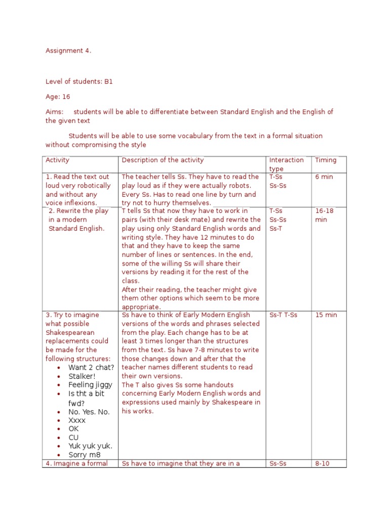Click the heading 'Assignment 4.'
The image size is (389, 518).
click(68, 51)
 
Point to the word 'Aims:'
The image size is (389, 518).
click(55, 112)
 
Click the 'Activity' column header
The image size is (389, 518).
click(57, 160)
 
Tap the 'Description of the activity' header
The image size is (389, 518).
click(163, 160)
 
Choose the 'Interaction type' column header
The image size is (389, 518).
click(286, 164)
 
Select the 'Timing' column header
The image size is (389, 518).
click(325, 160)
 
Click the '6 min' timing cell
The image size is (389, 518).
click(324, 177)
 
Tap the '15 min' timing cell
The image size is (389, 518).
click(326, 315)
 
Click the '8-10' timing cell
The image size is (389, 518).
click(322, 463)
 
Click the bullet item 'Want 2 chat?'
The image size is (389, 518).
click(91, 368)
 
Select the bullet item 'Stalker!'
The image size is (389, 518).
click(82, 376)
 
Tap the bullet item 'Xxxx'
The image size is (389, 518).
click(77, 420)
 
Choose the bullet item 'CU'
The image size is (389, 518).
click(73, 438)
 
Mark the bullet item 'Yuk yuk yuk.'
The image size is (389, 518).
click(90, 446)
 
